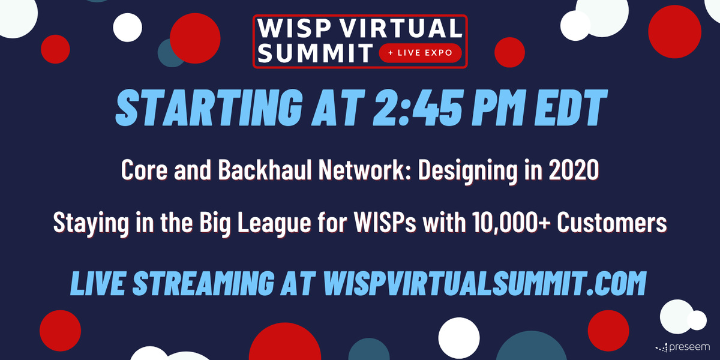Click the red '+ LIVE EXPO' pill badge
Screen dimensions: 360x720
420,53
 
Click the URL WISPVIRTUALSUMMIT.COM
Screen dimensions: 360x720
484,283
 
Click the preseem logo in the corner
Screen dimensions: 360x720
683,347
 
